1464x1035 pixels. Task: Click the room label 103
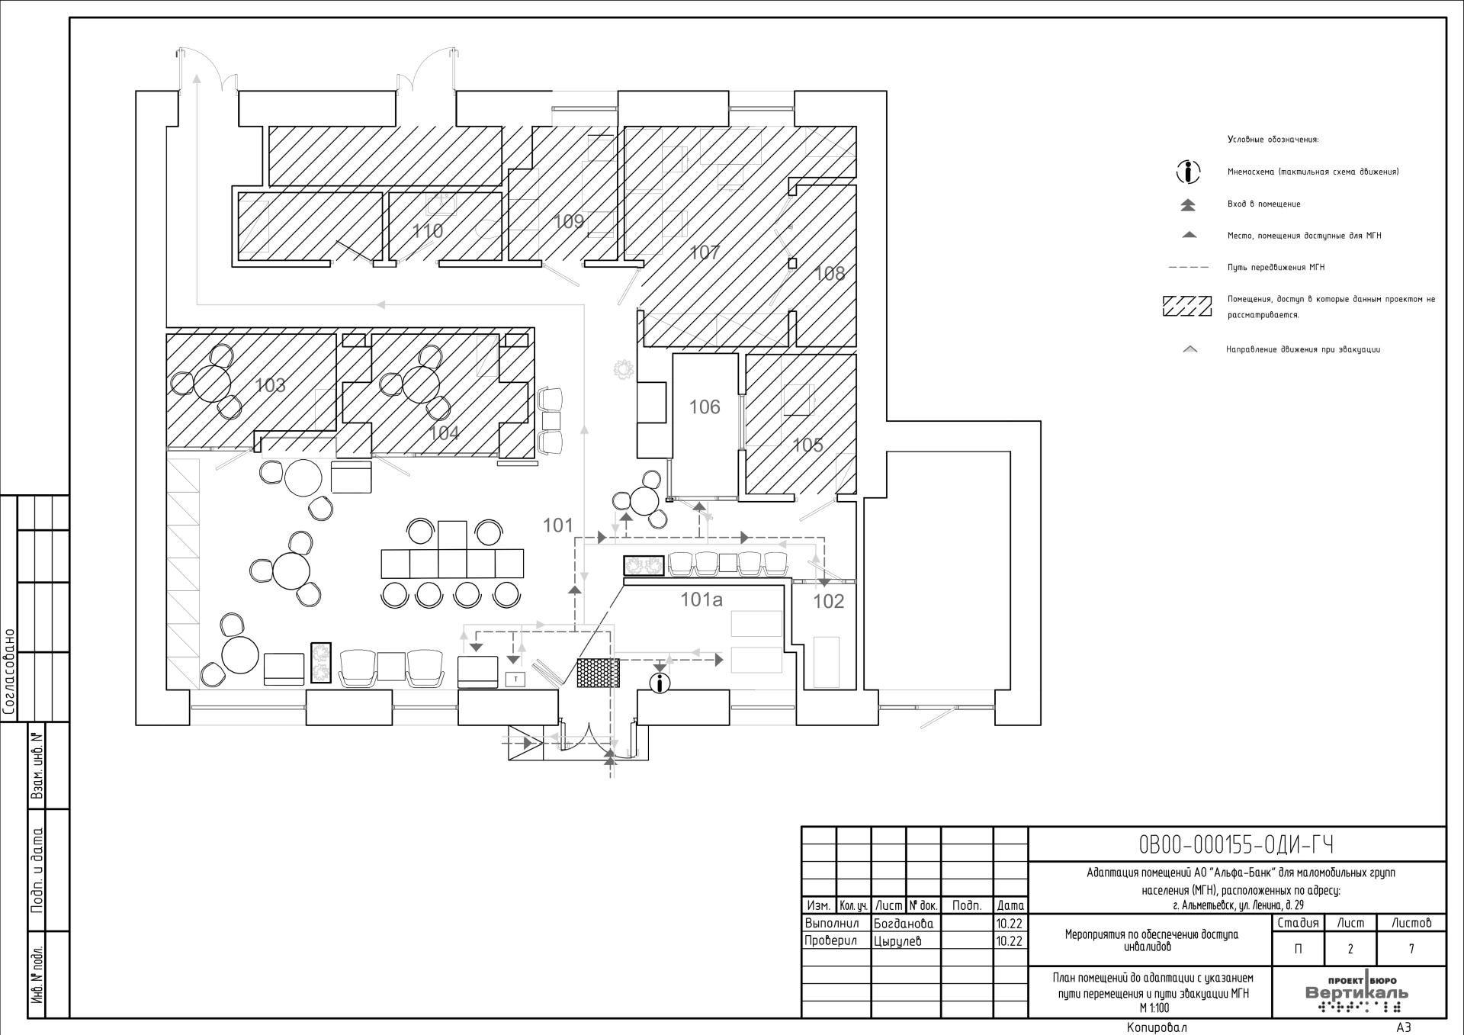pos(270,385)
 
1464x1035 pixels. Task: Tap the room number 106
pos(705,407)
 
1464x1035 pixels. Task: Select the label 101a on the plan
pos(701,600)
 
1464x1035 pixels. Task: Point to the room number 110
pos(428,231)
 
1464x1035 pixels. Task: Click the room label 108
pos(830,273)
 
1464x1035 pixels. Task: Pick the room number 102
pos(828,601)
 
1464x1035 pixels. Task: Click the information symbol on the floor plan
pos(660,683)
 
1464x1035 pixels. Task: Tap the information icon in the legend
pos(1188,172)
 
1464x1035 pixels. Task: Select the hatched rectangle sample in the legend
pos(1186,306)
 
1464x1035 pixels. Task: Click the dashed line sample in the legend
pos(1188,268)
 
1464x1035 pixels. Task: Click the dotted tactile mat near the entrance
pos(598,673)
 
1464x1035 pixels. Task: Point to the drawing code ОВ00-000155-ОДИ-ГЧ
pos(1236,845)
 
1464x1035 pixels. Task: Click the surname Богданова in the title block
pos(904,923)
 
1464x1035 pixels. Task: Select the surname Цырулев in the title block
pos(897,941)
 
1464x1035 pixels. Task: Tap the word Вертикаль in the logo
pos(1357,993)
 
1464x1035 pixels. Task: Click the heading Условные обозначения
pos(1273,140)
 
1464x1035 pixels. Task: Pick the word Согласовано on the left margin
pos(10,672)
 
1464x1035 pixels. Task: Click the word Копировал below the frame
pos(1157,1027)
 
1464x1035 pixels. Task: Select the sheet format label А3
pos(1404,1027)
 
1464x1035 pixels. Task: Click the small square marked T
pos(516,678)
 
